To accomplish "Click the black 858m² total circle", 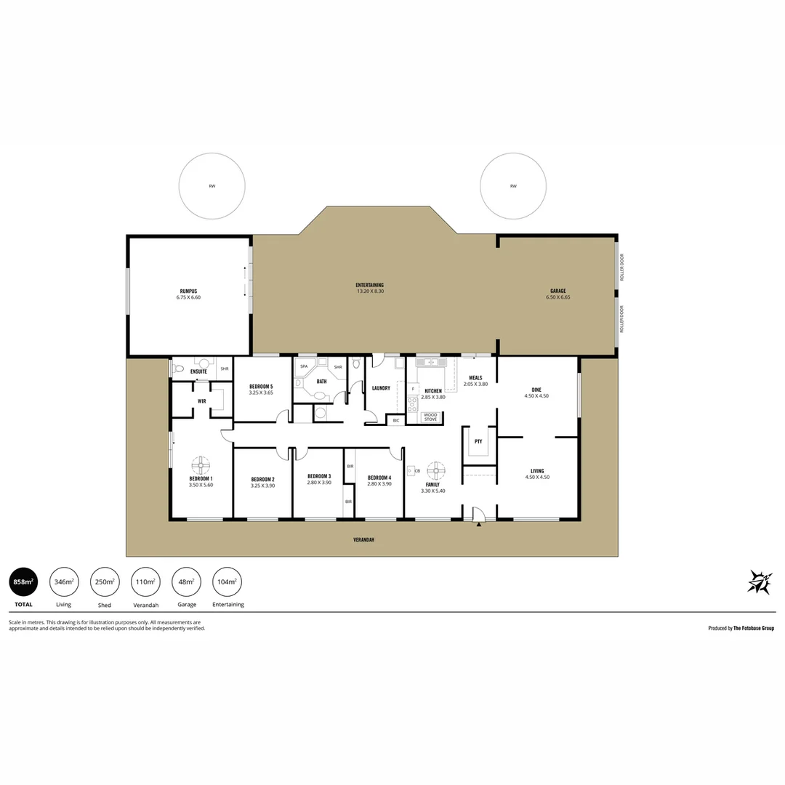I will coord(23,581).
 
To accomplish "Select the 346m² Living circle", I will coord(64,581).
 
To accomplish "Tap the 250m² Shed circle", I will coord(105,581).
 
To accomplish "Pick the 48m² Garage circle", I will coord(187,581).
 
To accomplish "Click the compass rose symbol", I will coord(759,582).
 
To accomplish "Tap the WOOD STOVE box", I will coord(430,417).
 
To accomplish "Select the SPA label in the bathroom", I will coord(304,366).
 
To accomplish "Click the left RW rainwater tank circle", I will coord(212,186).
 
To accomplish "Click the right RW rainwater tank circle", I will coord(513,186).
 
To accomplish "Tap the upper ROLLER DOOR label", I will coord(621,267).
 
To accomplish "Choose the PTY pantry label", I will coord(478,441).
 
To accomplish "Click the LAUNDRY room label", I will coord(381,388).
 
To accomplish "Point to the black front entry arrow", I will coord(478,524).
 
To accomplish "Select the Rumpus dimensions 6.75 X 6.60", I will coord(188,297).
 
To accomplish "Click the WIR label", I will coord(202,400).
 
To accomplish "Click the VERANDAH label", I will coord(364,540).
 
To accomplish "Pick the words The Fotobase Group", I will coord(753,628).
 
